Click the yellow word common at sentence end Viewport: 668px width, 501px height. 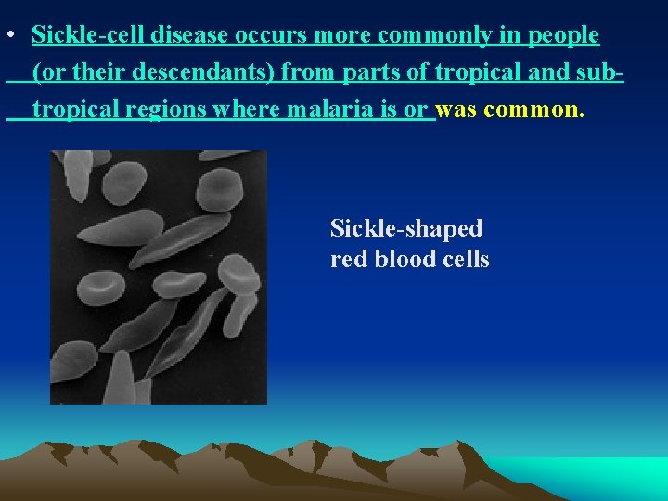533,109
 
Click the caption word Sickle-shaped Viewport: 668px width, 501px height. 406,228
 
